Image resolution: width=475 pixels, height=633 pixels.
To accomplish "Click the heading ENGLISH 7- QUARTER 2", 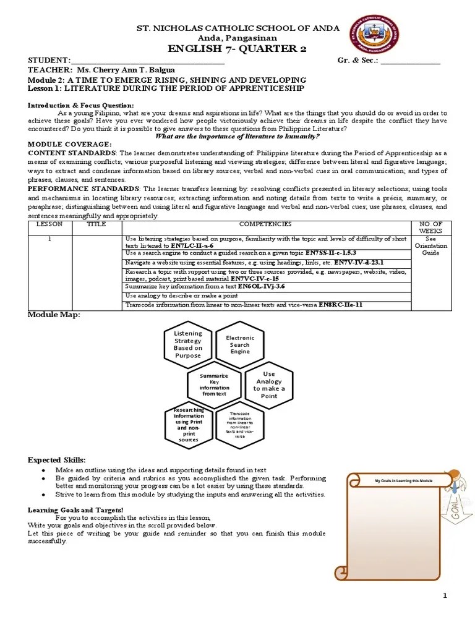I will pos(237,49).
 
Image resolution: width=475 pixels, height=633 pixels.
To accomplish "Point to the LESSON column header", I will pos(49,224).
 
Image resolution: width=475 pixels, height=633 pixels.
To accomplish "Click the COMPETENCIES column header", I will pos(265,224).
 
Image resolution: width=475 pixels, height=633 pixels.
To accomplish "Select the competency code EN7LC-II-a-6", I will pos(192,245).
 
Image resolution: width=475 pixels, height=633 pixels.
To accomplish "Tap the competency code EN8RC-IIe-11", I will pos(340,305).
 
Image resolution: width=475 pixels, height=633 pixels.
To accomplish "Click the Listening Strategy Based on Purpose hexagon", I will pos(188,344).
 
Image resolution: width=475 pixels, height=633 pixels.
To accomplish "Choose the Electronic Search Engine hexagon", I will pos(240,344).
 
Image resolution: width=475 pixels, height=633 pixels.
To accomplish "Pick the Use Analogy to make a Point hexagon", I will pos(269,384).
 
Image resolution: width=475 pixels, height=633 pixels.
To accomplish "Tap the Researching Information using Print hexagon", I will pos(188,425).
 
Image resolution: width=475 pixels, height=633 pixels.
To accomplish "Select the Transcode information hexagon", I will pos(240,425).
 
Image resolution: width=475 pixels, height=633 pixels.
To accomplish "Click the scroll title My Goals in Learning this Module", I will pos(404,481).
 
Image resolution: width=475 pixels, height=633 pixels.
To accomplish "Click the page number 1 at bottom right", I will pos(444,595).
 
